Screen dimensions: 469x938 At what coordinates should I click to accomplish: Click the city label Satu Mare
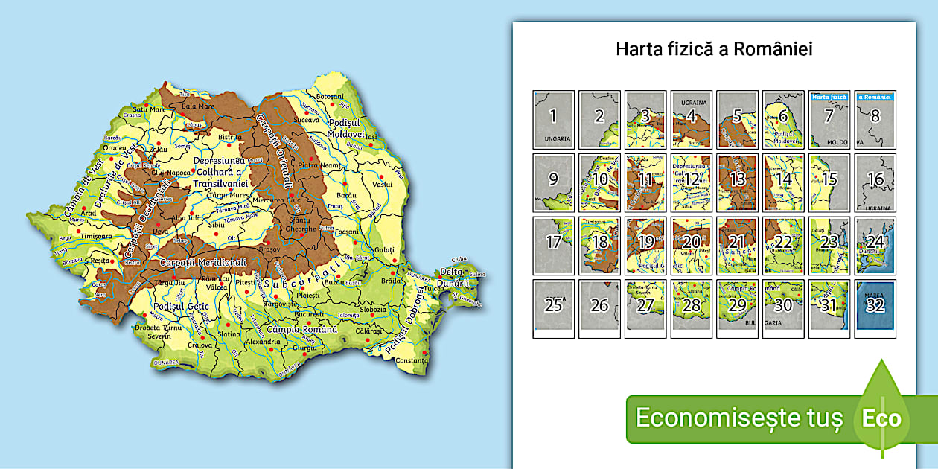(x=147, y=109)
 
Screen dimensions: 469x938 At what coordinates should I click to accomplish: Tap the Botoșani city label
(x=331, y=98)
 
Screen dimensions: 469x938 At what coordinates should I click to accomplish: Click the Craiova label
(x=200, y=345)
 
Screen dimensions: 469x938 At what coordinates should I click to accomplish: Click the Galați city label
(x=386, y=249)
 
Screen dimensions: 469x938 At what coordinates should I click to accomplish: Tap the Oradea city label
(x=115, y=147)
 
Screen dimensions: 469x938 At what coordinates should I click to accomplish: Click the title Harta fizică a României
(x=714, y=49)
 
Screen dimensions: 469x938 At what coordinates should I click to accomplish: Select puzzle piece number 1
(x=553, y=119)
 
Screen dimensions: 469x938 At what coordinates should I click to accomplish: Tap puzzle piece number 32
(x=875, y=308)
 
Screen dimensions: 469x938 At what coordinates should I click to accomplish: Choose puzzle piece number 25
(x=553, y=308)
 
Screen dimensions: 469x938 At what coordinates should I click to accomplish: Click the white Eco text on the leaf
(x=881, y=418)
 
